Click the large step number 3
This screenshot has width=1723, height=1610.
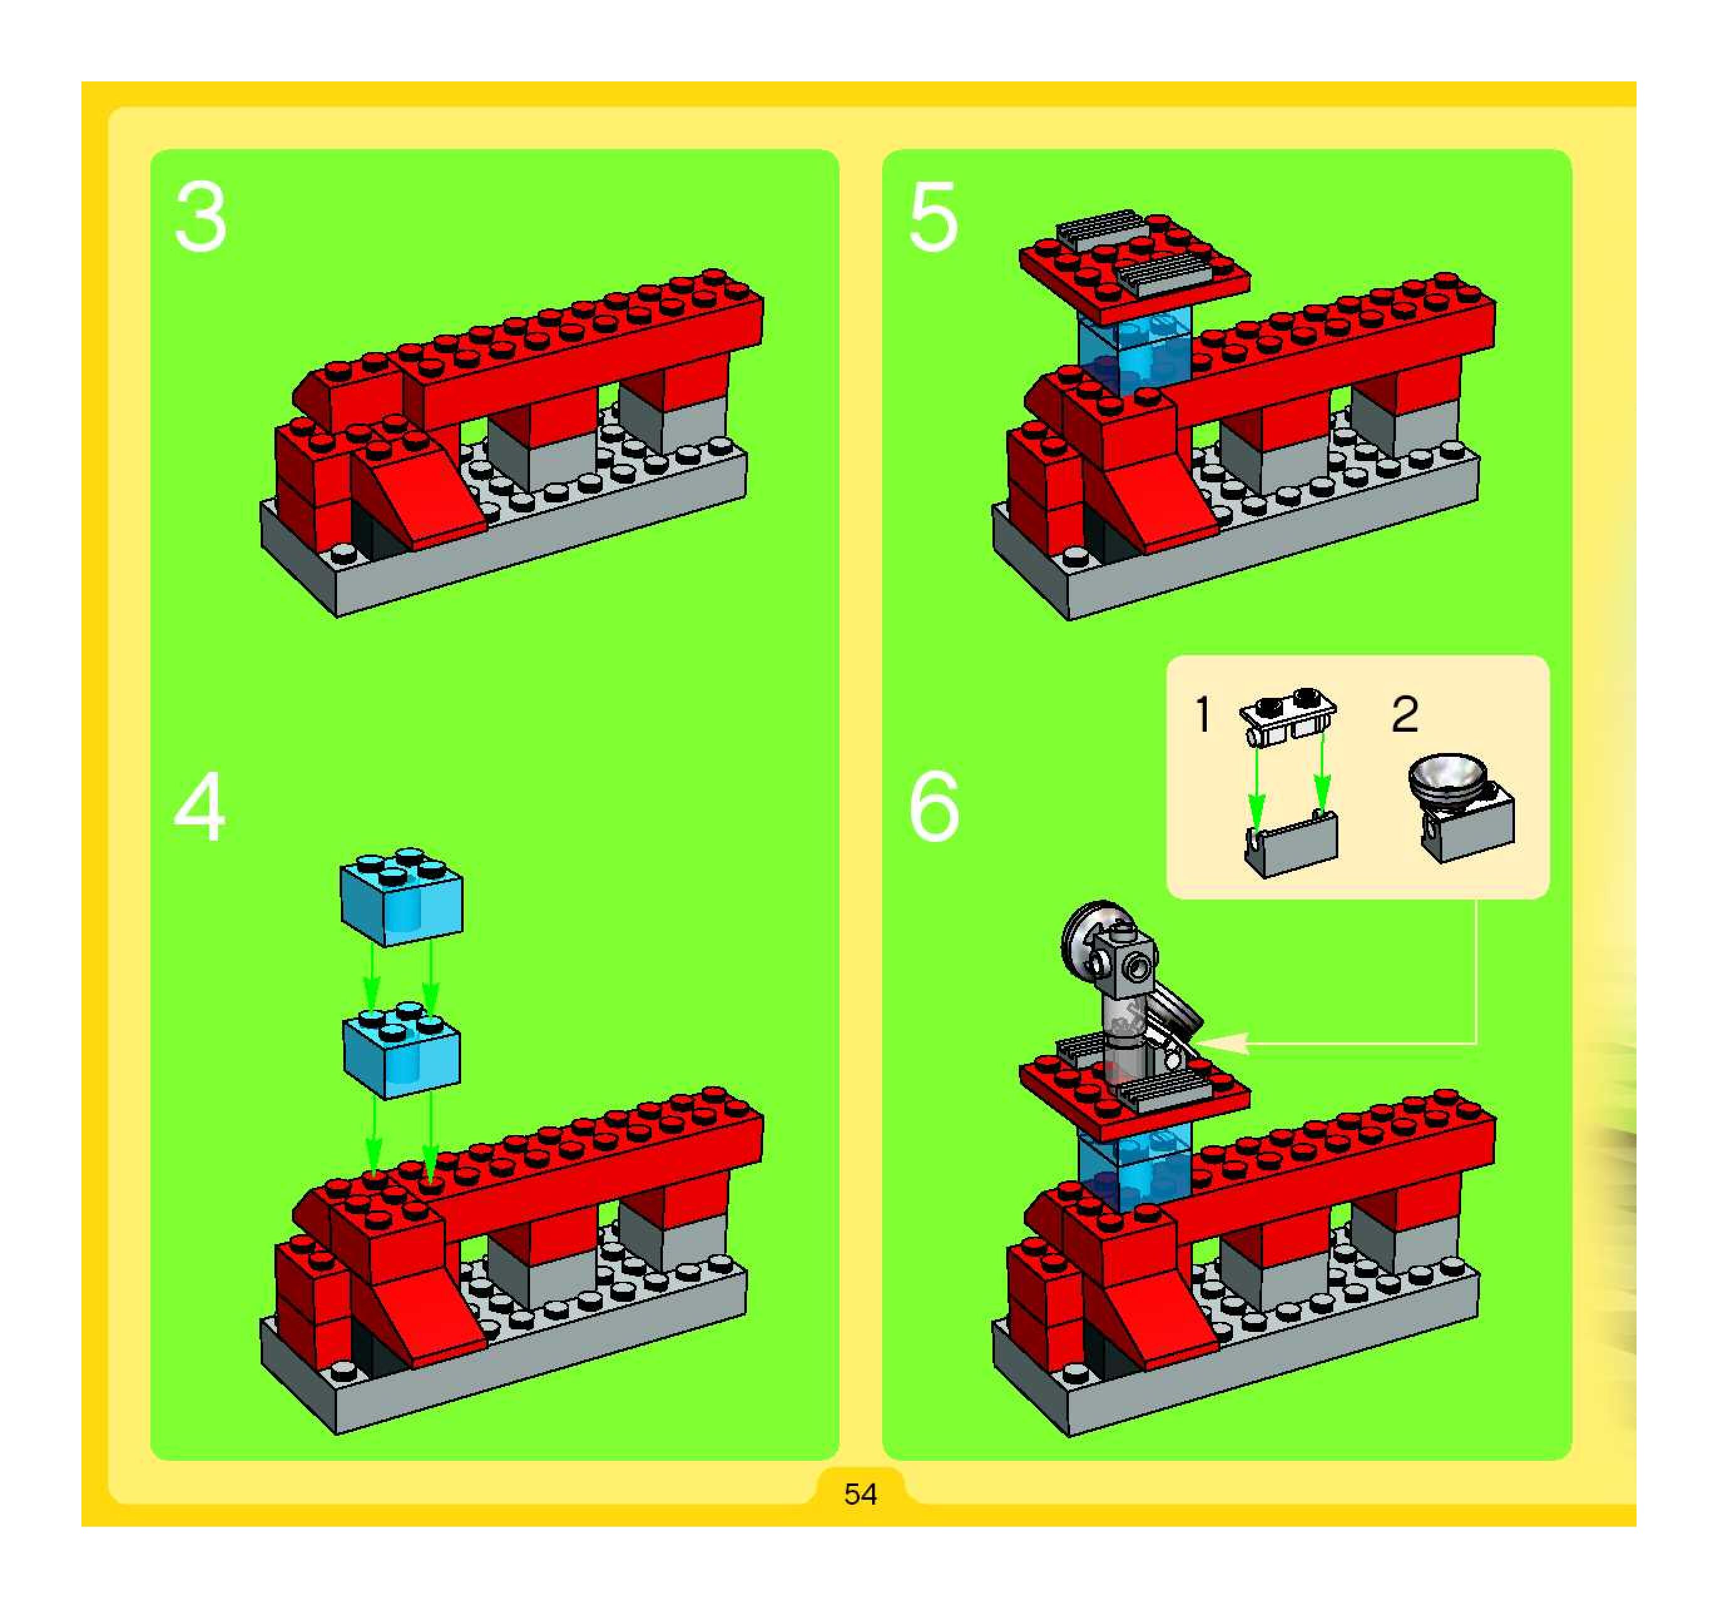click(x=200, y=217)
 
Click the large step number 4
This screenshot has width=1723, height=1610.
click(x=200, y=808)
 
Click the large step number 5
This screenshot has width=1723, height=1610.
click(x=934, y=217)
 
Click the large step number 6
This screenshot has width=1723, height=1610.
click(x=934, y=808)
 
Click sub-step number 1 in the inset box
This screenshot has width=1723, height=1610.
click(x=1202, y=715)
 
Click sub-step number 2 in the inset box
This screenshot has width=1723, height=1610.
click(x=1405, y=715)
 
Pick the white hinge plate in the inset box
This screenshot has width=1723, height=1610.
click(x=1289, y=719)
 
